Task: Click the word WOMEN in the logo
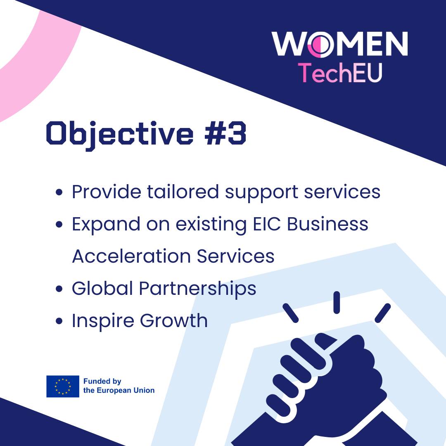(x=340, y=44)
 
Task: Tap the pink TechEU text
(x=340, y=73)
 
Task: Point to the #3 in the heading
(x=225, y=133)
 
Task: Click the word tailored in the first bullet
(x=183, y=192)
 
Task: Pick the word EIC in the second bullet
(x=267, y=224)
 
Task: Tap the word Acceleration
(x=131, y=256)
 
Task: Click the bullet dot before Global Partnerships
(x=59, y=289)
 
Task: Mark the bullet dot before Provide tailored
(x=59, y=192)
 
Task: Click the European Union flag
(x=63, y=386)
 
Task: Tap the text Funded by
(x=102, y=382)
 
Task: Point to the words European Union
(x=126, y=390)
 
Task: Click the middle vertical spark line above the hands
(x=337, y=303)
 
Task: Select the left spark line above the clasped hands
(x=291, y=313)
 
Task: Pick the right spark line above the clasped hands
(x=383, y=313)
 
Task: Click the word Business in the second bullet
(x=327, y=224)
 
